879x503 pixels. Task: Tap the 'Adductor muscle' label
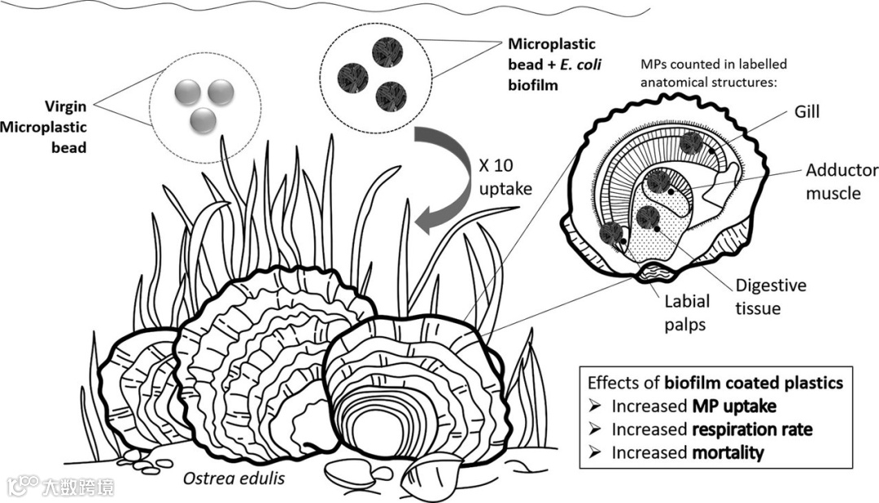pos(842,182)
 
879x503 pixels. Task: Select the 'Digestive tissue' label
pos(770,296)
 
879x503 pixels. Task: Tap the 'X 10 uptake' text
pos(505,177)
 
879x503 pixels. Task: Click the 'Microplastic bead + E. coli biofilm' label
pos(553,63)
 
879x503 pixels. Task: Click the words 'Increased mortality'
pos(687,453)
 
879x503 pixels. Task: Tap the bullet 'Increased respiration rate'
pos(711,429)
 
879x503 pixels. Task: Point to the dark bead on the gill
pos(691,143)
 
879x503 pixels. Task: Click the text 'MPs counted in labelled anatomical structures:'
pos(714,72)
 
